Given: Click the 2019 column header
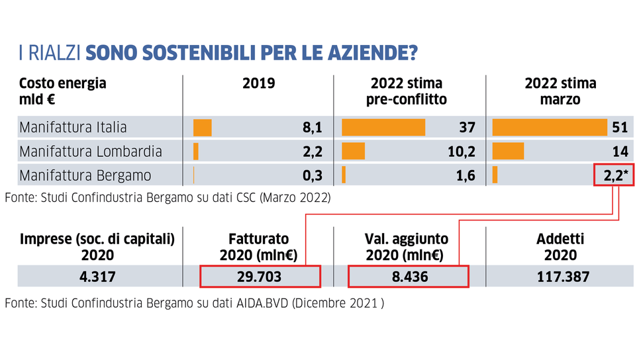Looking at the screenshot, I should click(x=258, y=84).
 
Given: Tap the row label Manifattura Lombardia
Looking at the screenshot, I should click(x=90, y=152).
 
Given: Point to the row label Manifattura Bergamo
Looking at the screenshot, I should click(x=85, y=175).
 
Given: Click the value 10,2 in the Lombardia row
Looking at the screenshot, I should click(x=462, y=152).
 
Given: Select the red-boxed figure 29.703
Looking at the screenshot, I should click(x=260, y=277).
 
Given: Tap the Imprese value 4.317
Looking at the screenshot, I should click(x=97, y=277).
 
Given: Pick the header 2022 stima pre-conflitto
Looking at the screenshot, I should click(x=407, y=91).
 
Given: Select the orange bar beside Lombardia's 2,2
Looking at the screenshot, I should click(x=196, y=152).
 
